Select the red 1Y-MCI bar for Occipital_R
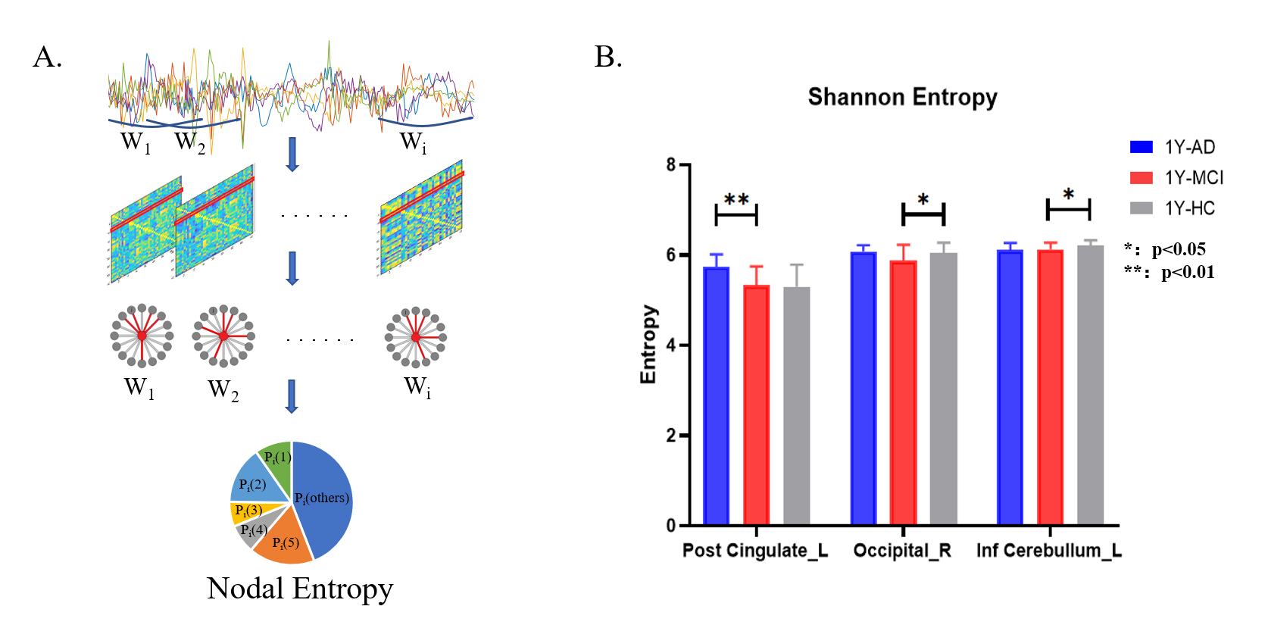pyautogui.click(x=903, y=393)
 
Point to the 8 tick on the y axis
pyautogui.click(x=671, y=164)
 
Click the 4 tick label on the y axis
pyautogui.click(x=671, y=345)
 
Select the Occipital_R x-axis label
pyautogui.click(x=902, y=551)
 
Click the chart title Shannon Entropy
pyautogui.click(x=902, y=97)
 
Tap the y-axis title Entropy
pyautogui.click(x=648, y=345)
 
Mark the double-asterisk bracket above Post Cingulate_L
pyautogui.click(x=736, y=214)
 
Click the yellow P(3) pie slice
pyautogui.click(x=245, y=511)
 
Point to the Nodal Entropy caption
pyautogui.click(x=300, y=589)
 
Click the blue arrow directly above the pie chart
pyautogui.click(x=292, y=395)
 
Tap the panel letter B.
pyautogui.click(x=608, y=57)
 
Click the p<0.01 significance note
pyautogui.click(x=1170, y=272)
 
